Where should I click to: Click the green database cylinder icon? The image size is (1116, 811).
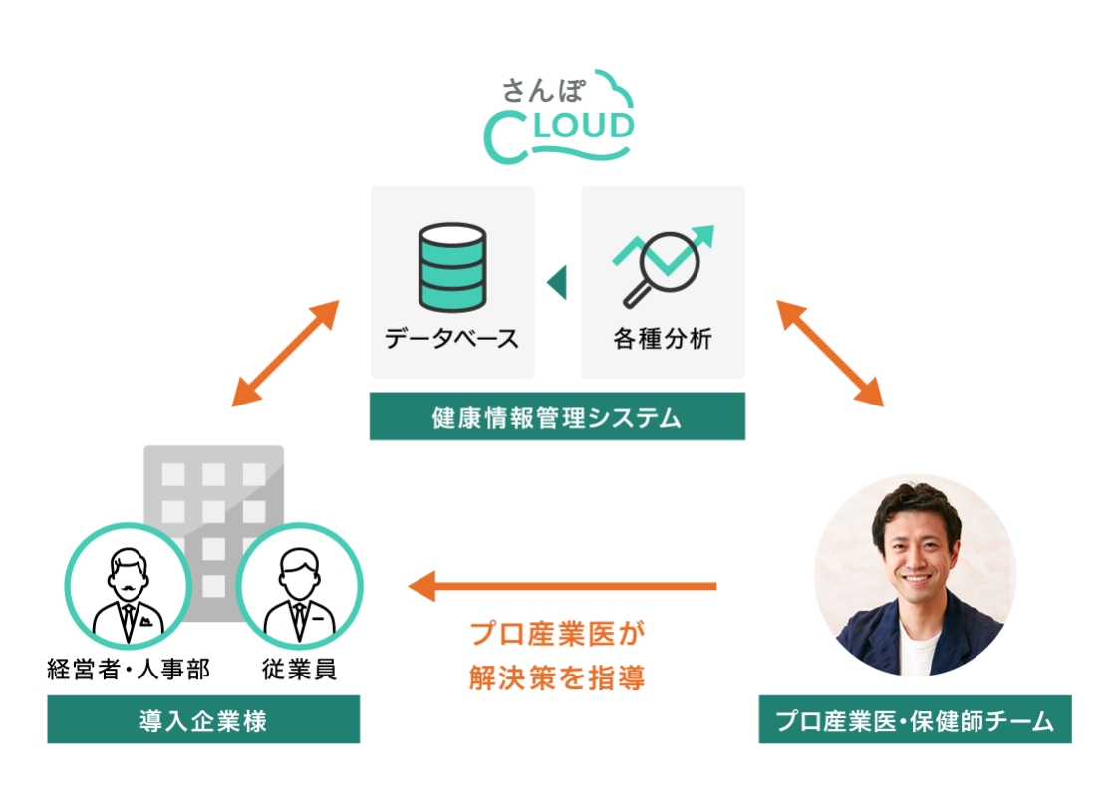click(452, 264)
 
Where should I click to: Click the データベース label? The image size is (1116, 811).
click(452, 338)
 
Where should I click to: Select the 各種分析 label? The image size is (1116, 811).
click(663, 338)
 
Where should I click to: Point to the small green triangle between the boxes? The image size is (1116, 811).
click(557, 282)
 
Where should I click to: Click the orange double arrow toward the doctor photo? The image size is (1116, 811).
click(830, 353)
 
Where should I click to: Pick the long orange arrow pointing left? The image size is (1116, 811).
click(564, 586)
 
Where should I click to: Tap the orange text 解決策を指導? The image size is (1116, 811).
click(557, 678)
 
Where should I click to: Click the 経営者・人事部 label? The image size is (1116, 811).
click(129, 669)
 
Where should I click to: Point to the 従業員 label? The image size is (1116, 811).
click(299, 669)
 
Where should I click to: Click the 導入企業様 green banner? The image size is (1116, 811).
click(203, 720)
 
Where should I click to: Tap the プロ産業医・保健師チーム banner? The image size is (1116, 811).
click(915, 720)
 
